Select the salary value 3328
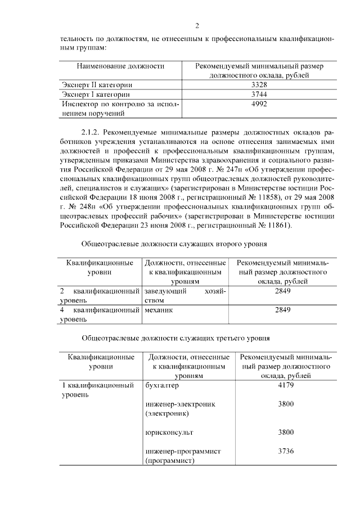(x=259, y=84)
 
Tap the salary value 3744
(x=259, y=94)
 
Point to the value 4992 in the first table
(x=259, y=104)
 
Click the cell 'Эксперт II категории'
(x=93, y=84)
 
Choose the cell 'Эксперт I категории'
(x=92, y=94)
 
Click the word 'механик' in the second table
(x=158, y=310)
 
